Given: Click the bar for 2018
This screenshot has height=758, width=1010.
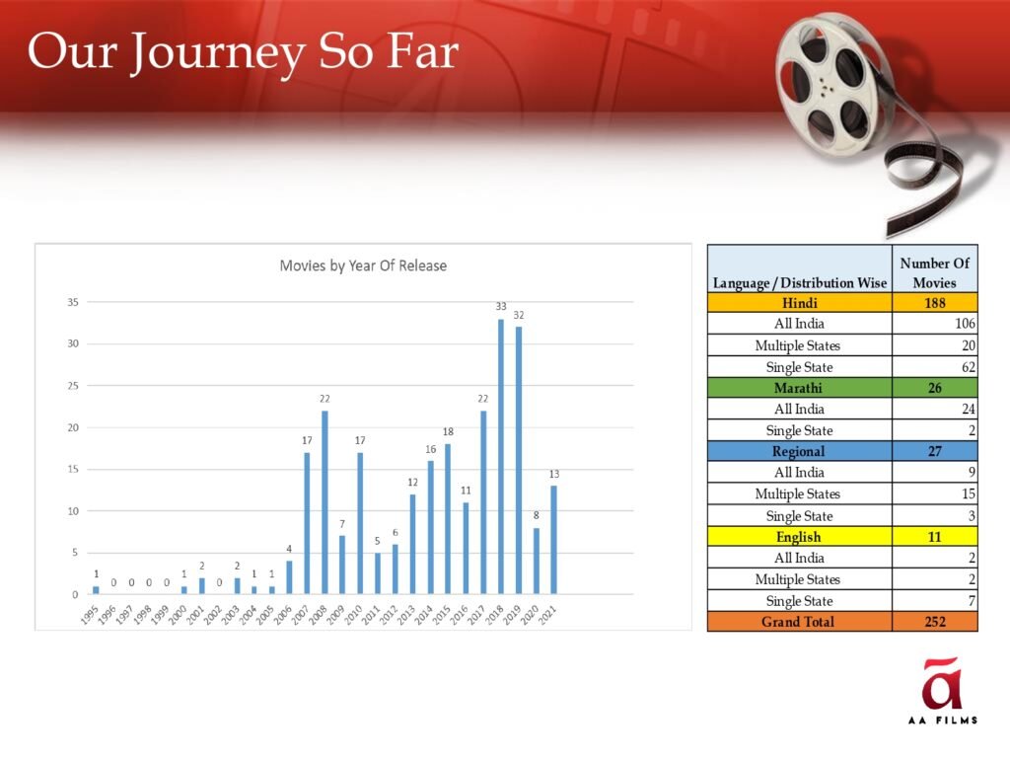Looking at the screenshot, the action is [x=501, y=456].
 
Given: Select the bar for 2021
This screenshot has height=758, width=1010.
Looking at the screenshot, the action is [x=554, y=540].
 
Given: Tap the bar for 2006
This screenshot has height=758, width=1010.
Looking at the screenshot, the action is [x=289, y=577].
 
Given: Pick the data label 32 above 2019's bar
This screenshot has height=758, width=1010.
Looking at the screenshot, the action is [x=519, y=315].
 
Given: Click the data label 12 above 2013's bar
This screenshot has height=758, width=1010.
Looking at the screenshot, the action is [x=413, y=482].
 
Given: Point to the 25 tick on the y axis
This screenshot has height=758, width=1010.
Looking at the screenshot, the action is [x=73, y=386].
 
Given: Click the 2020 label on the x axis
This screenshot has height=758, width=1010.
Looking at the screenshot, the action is [x=530, y=615].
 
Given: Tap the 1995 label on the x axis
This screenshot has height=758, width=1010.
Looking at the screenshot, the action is [x=90, y=615].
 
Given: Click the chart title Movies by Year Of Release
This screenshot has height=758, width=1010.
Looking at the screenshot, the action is [x=363, y=265].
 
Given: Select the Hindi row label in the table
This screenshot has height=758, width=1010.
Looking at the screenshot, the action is [x=799, y=303].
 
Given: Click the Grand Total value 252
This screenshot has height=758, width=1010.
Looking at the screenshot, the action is [x=935, y=622].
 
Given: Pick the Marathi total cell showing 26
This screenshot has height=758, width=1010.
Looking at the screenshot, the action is [x=935, y=388].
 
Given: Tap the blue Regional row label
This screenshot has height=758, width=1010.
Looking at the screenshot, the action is [x=799, y=451].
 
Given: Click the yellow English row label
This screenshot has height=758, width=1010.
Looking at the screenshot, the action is [x=799, y=537].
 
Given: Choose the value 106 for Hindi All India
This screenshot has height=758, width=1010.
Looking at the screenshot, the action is [x=965, y=324].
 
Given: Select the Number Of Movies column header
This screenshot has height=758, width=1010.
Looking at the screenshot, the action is [x=935, y=272].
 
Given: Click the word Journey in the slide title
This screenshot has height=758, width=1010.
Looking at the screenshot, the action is [x=218, y=54].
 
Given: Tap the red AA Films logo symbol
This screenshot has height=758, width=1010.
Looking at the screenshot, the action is [x=942, y=683].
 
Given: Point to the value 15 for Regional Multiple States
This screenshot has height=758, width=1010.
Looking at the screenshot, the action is [x=969, y=494].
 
